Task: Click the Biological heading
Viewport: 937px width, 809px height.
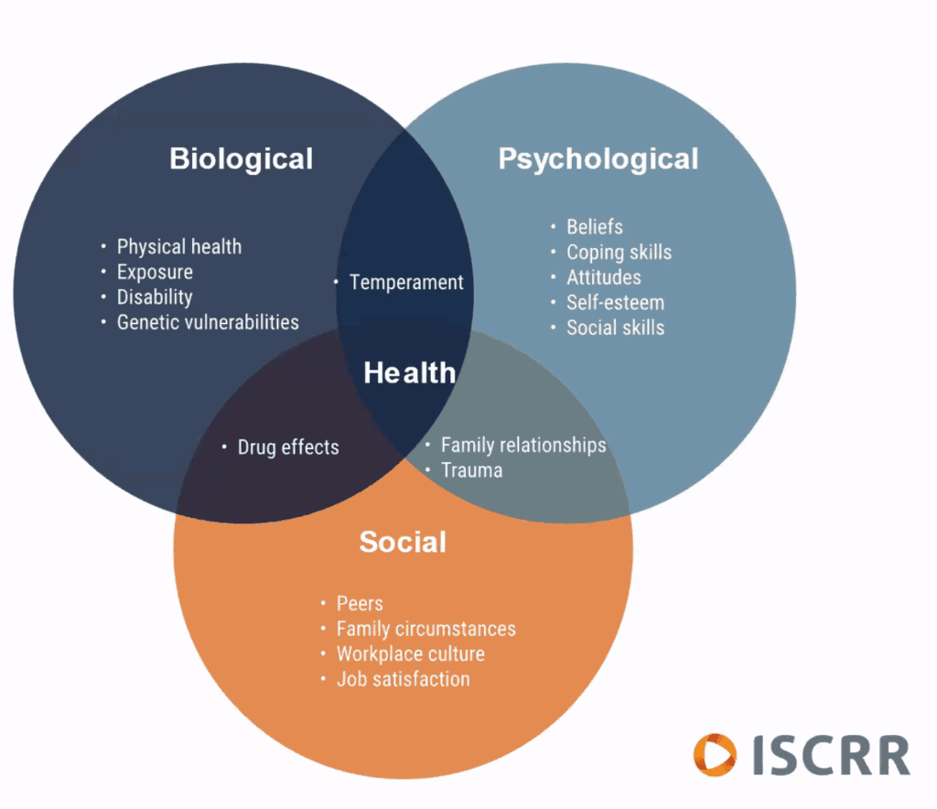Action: click(241, 158)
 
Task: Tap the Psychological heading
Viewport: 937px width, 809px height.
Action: click(598, 158)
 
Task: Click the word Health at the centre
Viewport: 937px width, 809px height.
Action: click(409, 372)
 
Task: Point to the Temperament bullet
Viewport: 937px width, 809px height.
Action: click(406, 283)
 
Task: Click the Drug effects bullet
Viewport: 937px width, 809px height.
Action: click(287, 448)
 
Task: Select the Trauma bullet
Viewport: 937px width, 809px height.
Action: click(471, 470)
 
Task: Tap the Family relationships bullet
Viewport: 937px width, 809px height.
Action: click(522, 446)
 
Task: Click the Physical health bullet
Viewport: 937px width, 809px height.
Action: click(178, 247)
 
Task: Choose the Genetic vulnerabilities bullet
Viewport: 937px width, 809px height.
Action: click(207, 322)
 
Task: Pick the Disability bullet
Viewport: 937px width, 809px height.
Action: click(154, 297)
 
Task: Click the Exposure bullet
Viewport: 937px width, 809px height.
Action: click(154, 272)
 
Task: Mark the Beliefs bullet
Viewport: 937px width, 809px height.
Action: click(594, 227)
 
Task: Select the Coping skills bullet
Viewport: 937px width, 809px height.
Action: click(619, 253)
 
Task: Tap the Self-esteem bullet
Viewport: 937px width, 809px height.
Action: click(615, 302)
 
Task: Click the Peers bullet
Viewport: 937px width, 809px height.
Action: click(360, 604)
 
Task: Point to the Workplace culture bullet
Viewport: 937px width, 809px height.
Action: click(410, 654)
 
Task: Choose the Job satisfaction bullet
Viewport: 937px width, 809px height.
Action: click(403, 679)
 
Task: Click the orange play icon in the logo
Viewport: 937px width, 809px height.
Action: click(715, 755)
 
